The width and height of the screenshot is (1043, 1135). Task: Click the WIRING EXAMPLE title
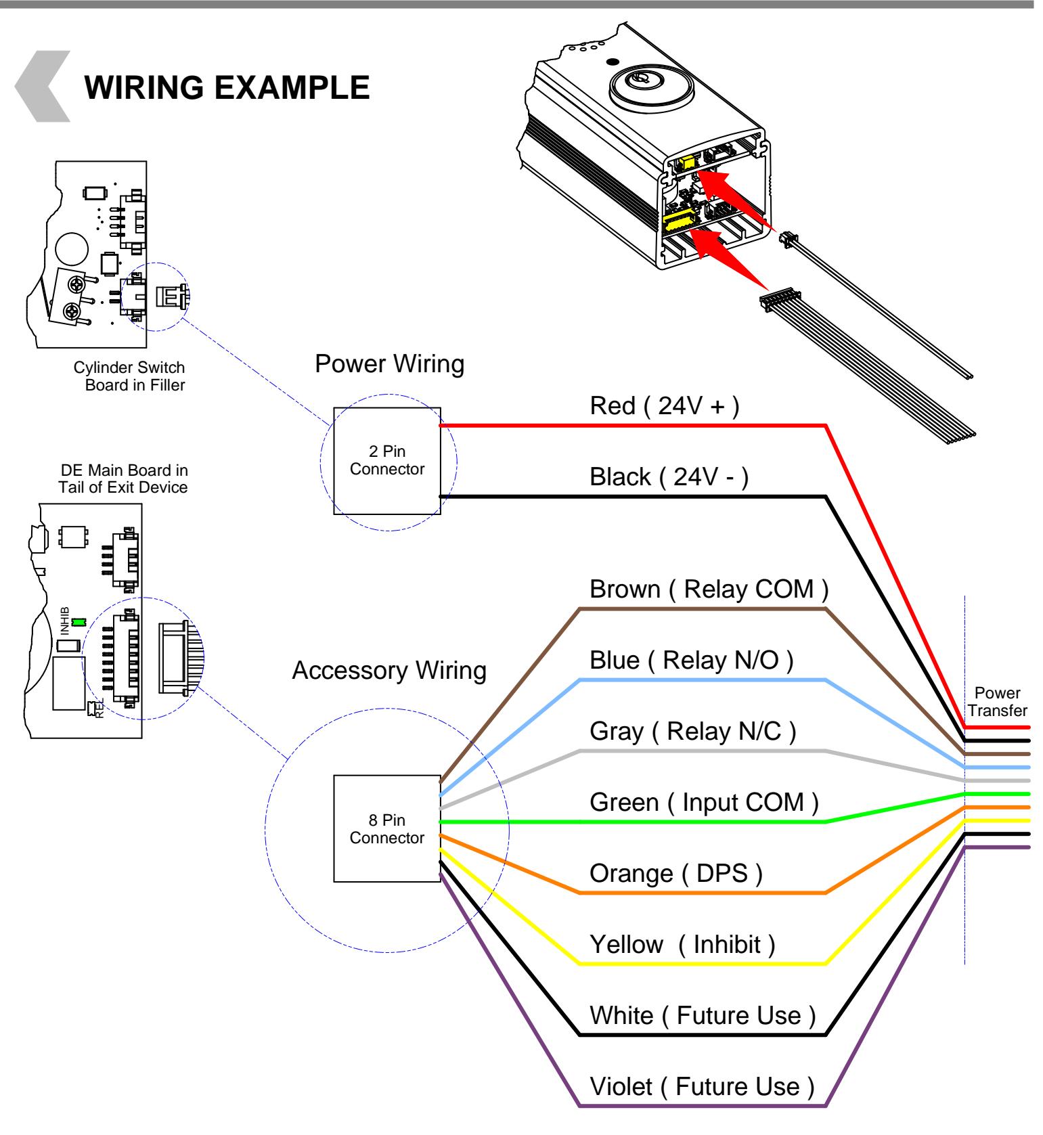[227, 88]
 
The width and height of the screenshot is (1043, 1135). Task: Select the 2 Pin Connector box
[387, 461]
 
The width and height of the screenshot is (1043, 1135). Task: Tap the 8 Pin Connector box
[387, 828]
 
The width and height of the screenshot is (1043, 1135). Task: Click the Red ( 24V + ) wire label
[665, 406]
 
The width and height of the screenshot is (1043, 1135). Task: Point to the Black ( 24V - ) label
[669, 477]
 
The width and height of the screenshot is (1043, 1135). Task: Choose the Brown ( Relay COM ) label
[709, 589]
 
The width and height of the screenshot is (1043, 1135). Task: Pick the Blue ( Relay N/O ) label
[691, 660]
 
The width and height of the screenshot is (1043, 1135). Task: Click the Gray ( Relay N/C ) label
[693, 732]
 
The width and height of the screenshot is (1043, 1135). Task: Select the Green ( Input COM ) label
[704, 803]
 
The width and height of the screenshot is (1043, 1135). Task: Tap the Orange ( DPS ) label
[676, 874]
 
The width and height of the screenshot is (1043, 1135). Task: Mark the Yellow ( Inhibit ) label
[682, 944]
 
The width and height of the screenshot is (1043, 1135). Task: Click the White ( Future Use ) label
[703, 1015]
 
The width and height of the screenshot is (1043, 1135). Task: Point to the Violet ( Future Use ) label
[703, 1087]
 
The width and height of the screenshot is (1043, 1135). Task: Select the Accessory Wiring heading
[389, 671]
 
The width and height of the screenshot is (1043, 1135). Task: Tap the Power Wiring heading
[390, 364]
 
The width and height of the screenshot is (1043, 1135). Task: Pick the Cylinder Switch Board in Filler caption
[129, 376]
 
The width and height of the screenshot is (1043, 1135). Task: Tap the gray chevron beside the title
[42, 86]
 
